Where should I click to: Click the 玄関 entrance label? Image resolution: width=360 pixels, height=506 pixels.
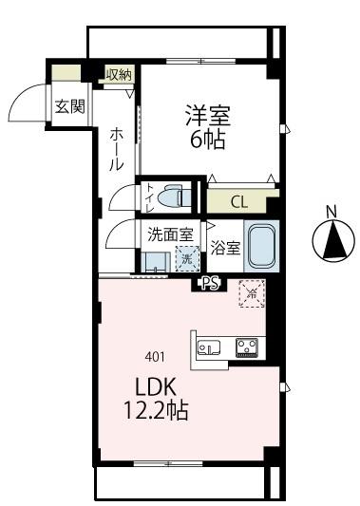click(x=67, y=105)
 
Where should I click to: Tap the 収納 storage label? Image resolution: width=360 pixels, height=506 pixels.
click(x=118, y=74)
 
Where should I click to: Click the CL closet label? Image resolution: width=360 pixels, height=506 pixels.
click(x=240, y=202)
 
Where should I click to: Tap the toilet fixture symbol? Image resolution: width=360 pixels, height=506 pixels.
click(x=176, y=197)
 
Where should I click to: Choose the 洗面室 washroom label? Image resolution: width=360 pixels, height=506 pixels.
click(x=170, y=234)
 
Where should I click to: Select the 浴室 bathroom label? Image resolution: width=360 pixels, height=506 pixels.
click(x=225, y=247)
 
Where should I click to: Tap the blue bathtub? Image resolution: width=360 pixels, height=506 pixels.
click(x=260, y=246)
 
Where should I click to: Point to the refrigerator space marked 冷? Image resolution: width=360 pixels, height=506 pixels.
click(x=253, y=293)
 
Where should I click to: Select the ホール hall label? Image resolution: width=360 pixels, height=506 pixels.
click(x=116, y=150)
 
